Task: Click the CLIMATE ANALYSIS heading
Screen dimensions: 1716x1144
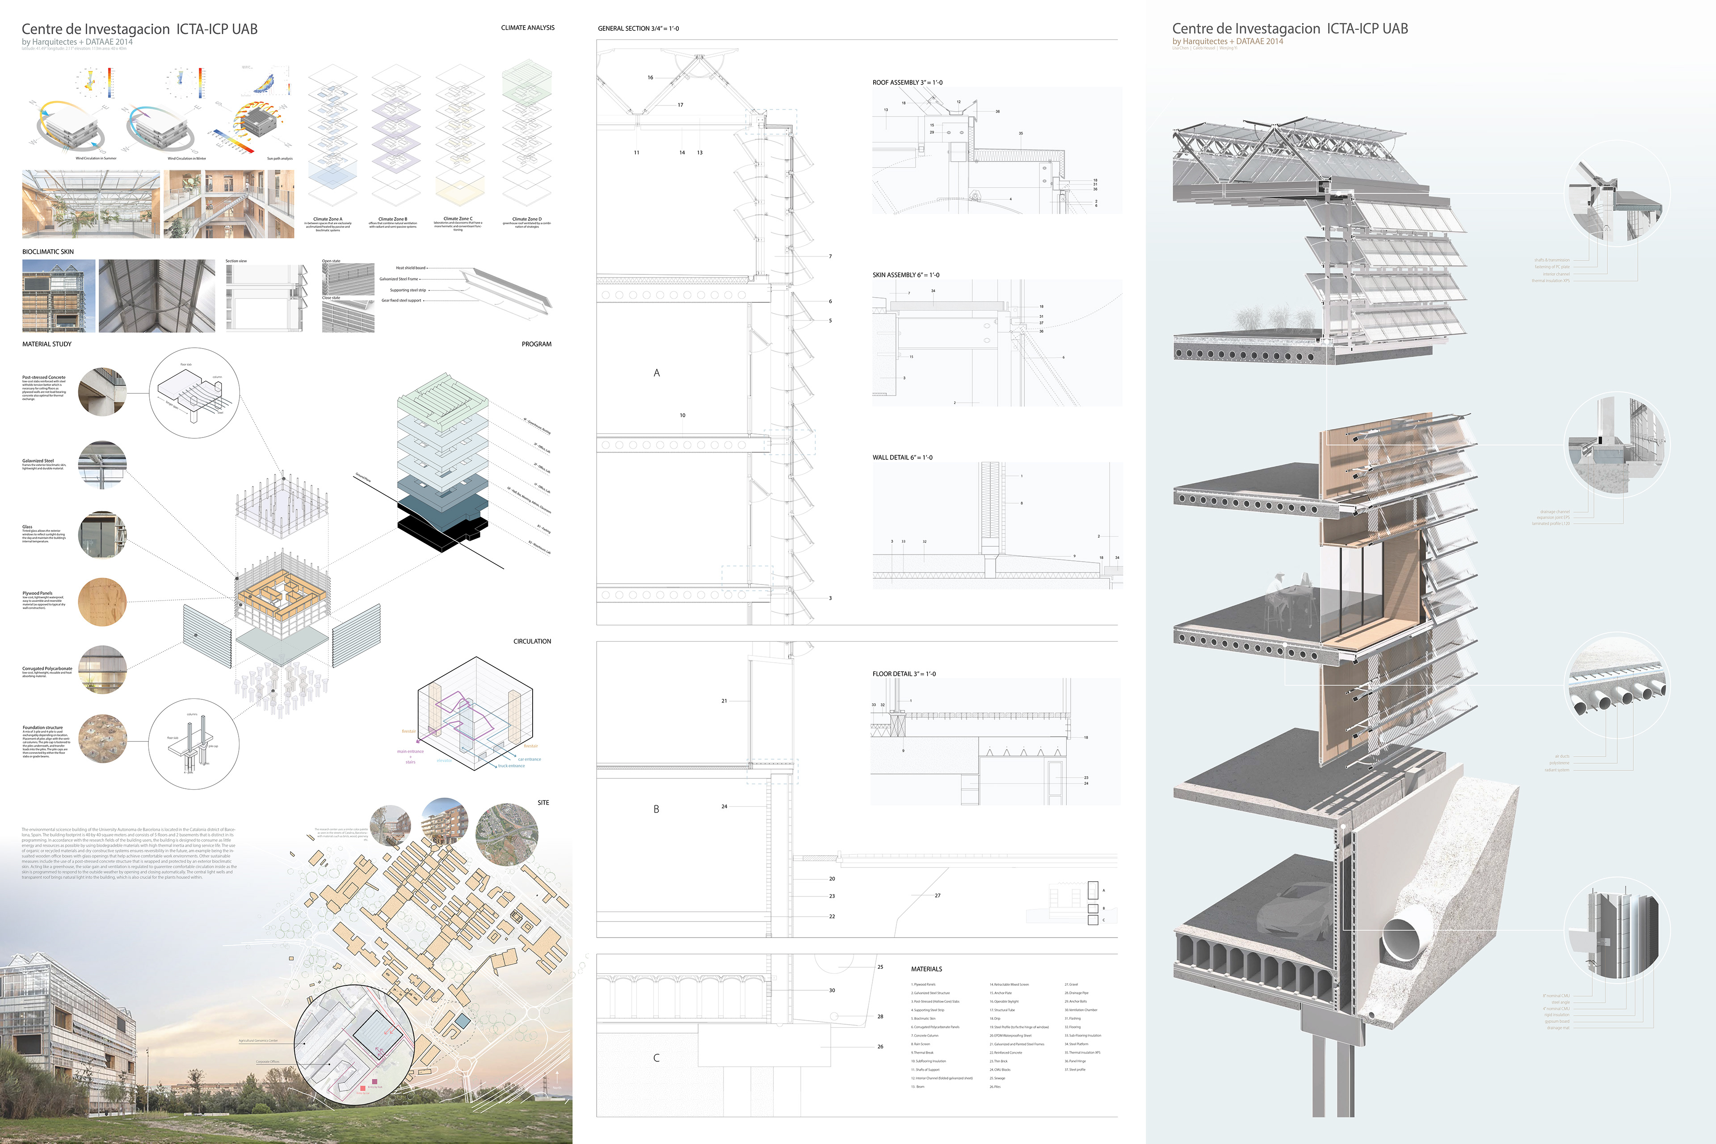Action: tap(527, 28)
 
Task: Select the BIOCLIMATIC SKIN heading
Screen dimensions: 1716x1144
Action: tap(48, 252)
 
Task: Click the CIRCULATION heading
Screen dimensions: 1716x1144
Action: tap(532, 641)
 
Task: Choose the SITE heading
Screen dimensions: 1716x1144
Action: tap(543, 803)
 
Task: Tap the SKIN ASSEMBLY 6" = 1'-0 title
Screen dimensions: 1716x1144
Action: tap(905, 275)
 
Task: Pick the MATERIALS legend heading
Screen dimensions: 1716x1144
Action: tap(926, 969)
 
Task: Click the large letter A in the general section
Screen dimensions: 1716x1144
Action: tap(656, 373)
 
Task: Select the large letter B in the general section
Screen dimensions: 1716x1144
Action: tap(656, 809)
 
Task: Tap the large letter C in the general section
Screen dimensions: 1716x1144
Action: tap(656, 1058)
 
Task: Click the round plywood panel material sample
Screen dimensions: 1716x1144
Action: tap(102, 602)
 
